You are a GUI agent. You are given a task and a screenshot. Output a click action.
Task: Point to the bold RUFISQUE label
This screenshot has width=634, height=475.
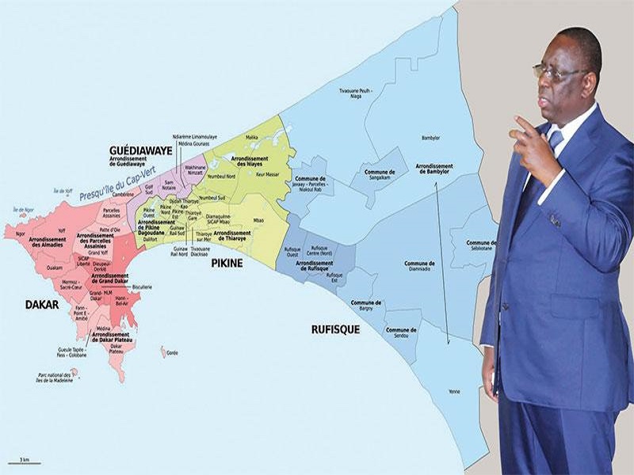tap(335, 329)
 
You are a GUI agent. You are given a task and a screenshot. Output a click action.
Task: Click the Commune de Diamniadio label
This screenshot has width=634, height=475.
tap(419, 265)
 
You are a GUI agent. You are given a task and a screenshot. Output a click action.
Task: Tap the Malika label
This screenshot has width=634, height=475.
tap(252, 137)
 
